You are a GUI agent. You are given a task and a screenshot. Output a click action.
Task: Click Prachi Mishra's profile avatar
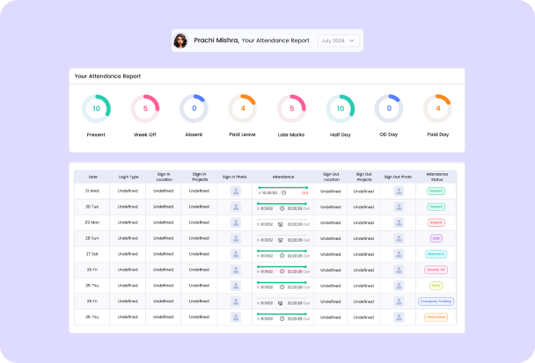tap(180, 40)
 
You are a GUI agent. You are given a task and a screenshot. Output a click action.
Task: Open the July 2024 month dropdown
tap(339, 40)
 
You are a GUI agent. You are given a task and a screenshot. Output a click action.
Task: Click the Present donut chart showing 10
tap(96, 109)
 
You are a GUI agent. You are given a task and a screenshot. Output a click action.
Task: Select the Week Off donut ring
tap(145, 109)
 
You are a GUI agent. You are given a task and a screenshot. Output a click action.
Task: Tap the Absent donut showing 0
tap(194, 109)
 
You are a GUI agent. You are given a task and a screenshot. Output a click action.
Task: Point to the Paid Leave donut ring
tap(242, 109)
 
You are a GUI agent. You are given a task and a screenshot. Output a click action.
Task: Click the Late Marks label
tap(291, 134)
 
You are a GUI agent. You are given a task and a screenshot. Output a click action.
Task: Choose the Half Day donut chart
tap(341, 109)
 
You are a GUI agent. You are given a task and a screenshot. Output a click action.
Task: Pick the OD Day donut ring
tap(389, 109)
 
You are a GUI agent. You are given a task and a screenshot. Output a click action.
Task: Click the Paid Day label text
tap(437, 134)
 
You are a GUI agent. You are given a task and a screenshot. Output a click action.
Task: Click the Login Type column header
tap(128, 177)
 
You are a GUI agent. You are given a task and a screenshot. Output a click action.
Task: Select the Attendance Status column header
tap(436, 177)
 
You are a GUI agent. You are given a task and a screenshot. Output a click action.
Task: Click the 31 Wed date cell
tap(92, 191)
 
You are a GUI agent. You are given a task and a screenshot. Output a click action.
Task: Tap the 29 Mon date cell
tap(92, 222)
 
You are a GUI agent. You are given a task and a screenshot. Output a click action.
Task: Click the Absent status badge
tap(436, 222)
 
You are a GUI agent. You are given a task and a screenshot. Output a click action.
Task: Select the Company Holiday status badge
tap(436, 301)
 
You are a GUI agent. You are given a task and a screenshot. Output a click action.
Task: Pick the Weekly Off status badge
tap(436, 269)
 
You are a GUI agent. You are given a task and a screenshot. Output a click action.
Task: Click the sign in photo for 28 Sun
tap(235, 238)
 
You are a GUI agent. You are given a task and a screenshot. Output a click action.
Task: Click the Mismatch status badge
tap(436, 254)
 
